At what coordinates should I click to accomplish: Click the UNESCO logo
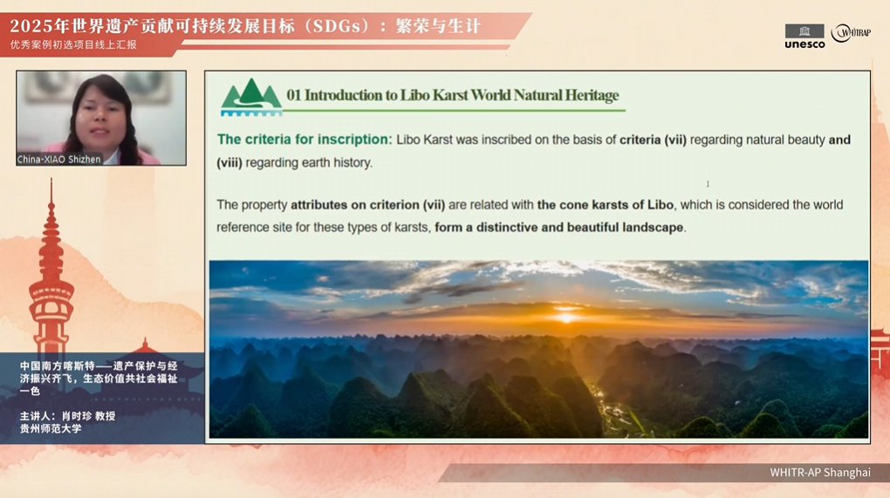click(x=804, y=37)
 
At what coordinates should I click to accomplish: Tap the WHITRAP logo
click(x=851, y=33)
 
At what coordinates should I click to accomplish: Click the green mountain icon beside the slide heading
click(x=251, y=98)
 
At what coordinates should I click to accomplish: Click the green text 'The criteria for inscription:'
click(x=305, y=140)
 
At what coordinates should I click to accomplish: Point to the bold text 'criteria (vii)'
click(x=653, y=140)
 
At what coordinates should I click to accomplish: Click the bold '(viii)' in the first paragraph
click(x=229, y=163)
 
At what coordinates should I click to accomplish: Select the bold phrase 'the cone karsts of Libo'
click(x=605, y=205)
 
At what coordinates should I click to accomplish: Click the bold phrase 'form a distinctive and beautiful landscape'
click(x=559, y=228)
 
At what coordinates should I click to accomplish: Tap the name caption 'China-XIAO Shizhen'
click(x=59, y=160)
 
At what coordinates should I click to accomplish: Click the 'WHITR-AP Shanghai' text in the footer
click(x=819, y=472)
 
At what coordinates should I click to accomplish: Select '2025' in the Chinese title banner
click(x=27, y=26)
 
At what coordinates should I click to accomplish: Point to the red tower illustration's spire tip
click(x=51, y=178)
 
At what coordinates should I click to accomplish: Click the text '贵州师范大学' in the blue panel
click(x=51, y=429)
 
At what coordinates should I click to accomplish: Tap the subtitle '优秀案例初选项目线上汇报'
click(x=73, y=44)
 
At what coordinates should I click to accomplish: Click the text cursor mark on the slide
click(x=708, y=184)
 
